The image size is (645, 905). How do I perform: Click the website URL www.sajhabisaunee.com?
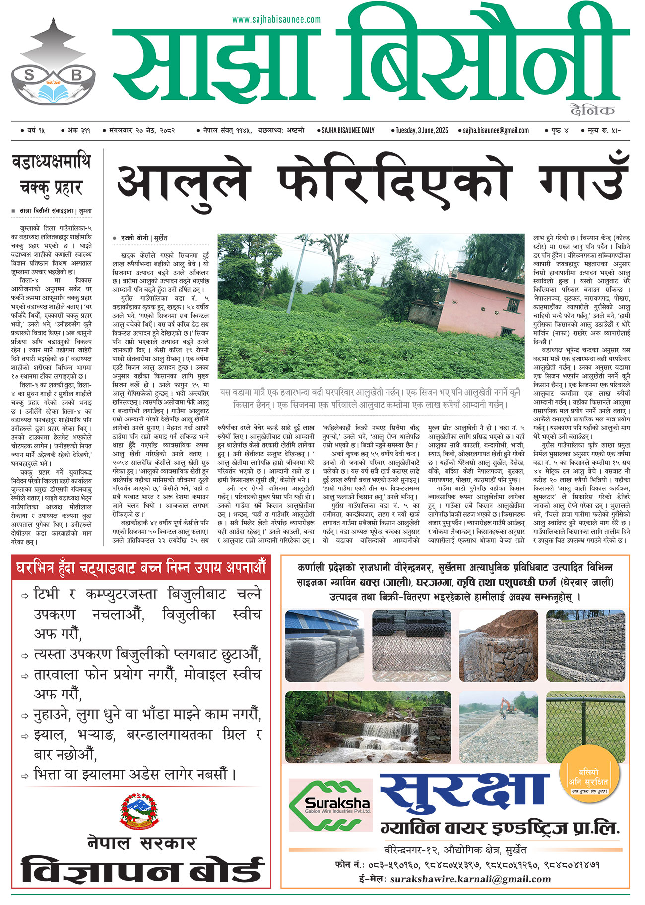click(276, 20)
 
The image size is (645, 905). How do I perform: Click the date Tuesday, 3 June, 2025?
click(422, 131)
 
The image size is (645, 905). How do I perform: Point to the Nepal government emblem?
click(141, 812)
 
